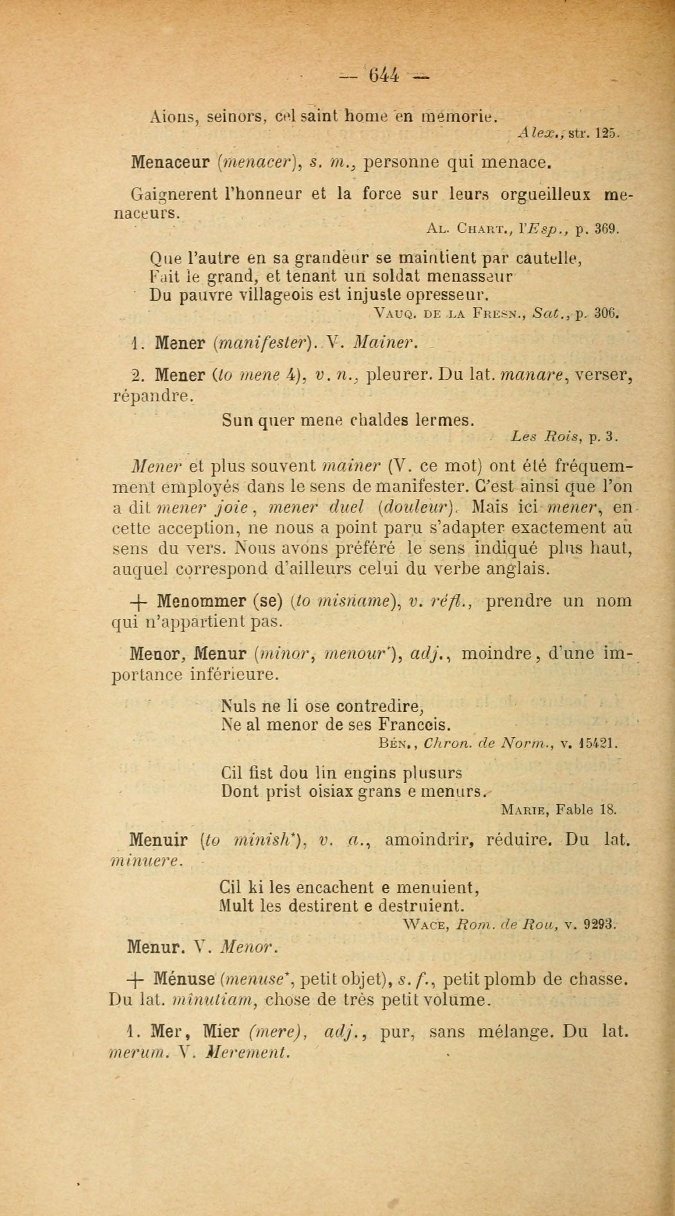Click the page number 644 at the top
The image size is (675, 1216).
pos(384,76)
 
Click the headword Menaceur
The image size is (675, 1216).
pos(170,163)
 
